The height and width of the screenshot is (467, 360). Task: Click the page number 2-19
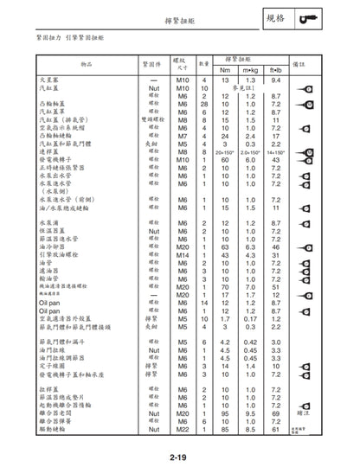180,457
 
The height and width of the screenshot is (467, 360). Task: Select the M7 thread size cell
183,136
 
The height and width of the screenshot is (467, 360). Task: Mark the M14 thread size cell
183,254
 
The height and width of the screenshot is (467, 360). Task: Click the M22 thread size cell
183,429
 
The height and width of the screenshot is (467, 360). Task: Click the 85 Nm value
225,429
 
